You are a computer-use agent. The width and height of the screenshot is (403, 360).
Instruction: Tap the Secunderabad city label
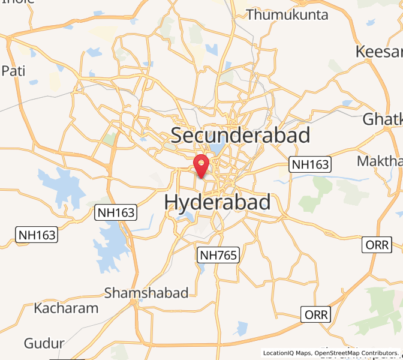tap(240, 135)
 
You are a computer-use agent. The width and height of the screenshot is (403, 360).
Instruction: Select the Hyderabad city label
tap(217, 202)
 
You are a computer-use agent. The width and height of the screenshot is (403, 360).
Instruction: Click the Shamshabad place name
tap(146, 293)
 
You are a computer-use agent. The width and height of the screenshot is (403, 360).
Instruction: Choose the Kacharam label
tap(66, 308)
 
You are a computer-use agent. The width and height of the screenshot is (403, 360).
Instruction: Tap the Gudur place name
tap(44, 343)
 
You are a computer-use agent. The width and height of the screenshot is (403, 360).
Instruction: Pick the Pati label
tap(13, 71)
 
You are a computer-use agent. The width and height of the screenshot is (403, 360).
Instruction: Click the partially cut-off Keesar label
tap(378, 52)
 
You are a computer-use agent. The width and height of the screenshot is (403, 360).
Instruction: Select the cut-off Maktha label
tap(379, 161)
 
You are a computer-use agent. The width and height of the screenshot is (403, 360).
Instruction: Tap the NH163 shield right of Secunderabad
tap(310, 164)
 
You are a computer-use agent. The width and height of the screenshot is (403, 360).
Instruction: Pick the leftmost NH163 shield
tap(37, 235)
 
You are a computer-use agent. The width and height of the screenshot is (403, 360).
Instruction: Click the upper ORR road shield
tap(378, 245)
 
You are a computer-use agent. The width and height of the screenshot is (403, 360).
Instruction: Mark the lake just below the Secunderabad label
tap(216, 148)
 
